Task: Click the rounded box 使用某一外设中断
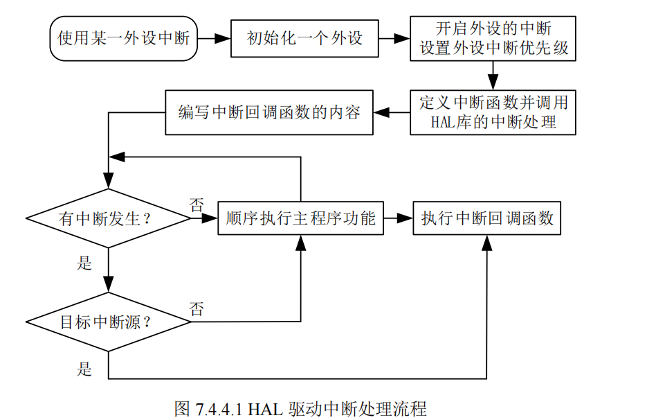point(124,37)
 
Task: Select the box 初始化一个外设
point(304,37)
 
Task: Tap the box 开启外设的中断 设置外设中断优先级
point(493,37)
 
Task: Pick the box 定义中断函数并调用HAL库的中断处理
point(493,112)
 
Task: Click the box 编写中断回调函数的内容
point(269,112)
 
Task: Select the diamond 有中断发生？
point(108,218)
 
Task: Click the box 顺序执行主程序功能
point(300,218)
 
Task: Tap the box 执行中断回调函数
point(487,218)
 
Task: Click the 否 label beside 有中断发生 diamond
point(197,204)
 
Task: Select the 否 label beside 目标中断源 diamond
point(197,309)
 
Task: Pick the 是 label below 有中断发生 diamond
point(84,263)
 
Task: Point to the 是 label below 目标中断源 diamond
point(84,368)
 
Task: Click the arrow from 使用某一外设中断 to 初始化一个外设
point(213,38)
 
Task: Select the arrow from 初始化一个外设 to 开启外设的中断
point(395,38)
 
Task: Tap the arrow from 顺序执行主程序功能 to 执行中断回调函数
point(399,218)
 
